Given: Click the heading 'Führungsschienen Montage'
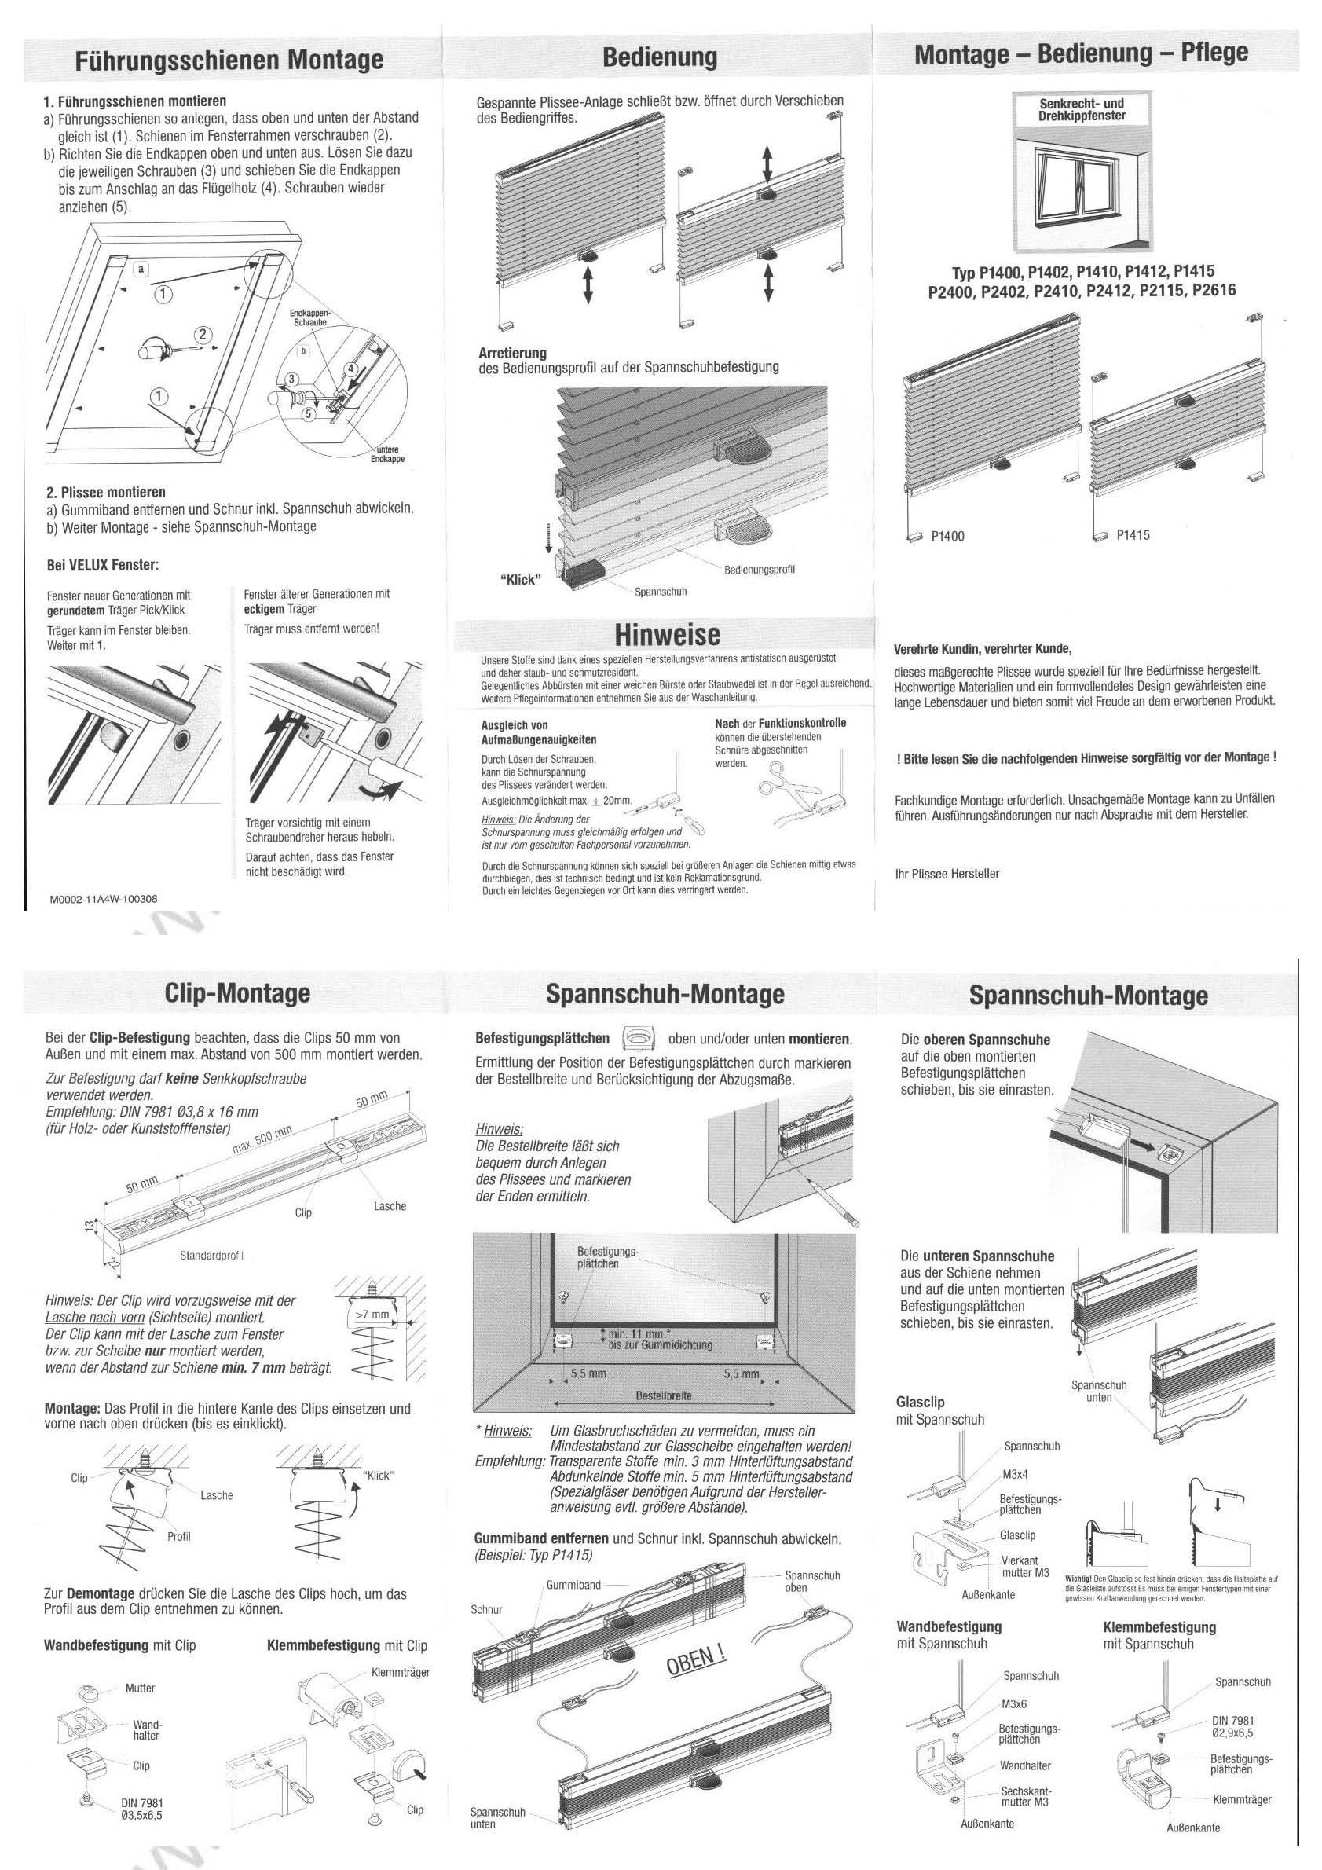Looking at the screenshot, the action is [229, 60].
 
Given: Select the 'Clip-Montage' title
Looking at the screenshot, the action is [237, 993].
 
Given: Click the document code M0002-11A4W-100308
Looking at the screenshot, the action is [104, 899].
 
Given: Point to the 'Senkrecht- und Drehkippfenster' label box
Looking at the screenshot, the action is [1082, 110].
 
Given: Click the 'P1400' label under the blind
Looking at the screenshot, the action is [948, 536].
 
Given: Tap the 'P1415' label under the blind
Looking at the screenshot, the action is [1133, 535].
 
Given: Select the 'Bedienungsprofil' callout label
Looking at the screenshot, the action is [760, 570].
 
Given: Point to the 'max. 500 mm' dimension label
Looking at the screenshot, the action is [263, 1143].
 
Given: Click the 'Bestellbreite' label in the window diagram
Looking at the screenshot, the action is [664, 1395].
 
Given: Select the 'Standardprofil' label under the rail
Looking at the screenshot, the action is [211, 1255].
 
